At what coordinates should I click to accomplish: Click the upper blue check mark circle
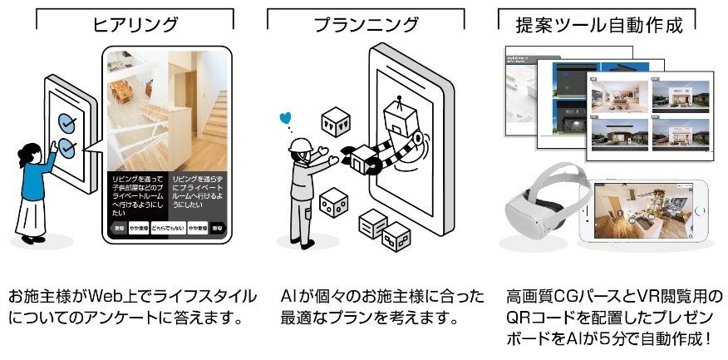click(66, 121)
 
